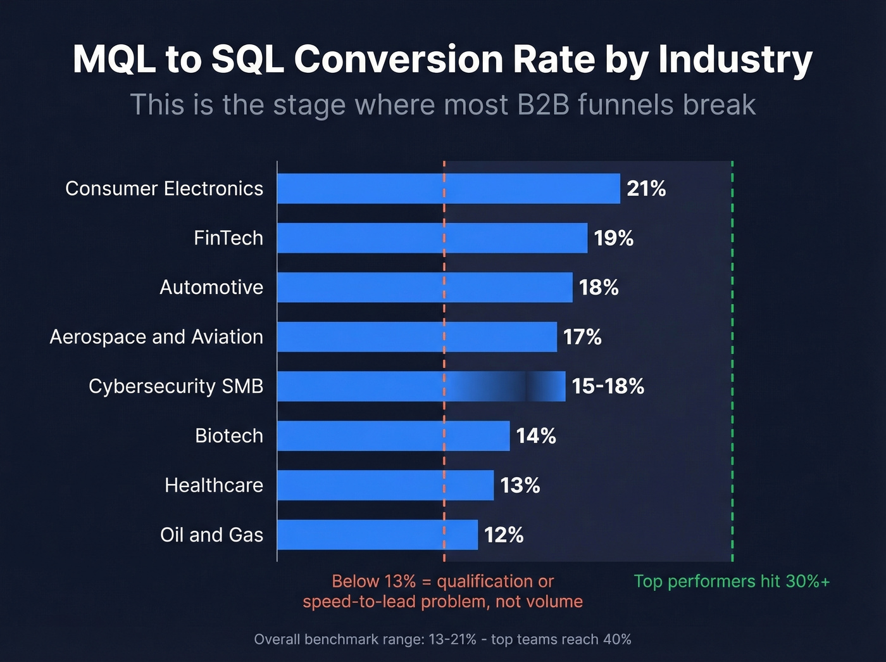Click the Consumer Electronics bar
pyautogui.click(x=448, y=188)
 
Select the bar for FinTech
pyautogui.click(x=432, y=238)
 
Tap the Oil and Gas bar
pyautogui.click(x=377, y=535)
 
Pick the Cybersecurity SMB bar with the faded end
pyautogui.click(x=421, y=386)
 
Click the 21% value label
pyautogui.click(x=646, y=189)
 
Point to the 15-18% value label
pyautogui.click(x=608, y=386)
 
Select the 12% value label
pyautogui.click(x=504, y=535)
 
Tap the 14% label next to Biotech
pyautogui.click(x=536, y=436)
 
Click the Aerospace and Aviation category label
pyautogui.click(x=156, y=337)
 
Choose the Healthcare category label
pyautogui.click(x=214, y=485)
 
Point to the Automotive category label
pyautogui.click(x=211, y=288)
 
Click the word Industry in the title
pyautogui.click(x=735, y=60)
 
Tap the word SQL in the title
pyautogui.click(x=247, y=60)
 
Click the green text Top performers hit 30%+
pyautogui.click(x=732, y=582)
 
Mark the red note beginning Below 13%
pyautogui.click(x=442, y=591)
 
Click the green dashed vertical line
pyautogui.click(x=732, y=361)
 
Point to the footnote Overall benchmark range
pyautogui.click(x=442, y=639)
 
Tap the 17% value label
pyautogui.click(x=582, y=337)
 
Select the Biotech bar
pyautogui.click(x=393, y=436)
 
